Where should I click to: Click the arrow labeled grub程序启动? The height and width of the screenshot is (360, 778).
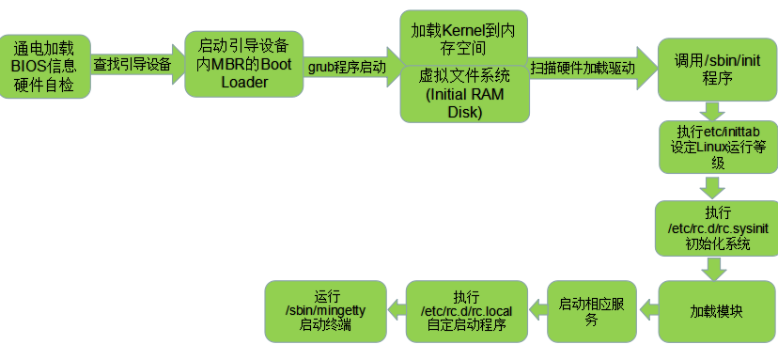349,68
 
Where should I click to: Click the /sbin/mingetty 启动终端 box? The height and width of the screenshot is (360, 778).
325,310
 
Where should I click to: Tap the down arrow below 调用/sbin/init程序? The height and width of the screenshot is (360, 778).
717,110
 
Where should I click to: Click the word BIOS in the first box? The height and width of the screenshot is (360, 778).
32,66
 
